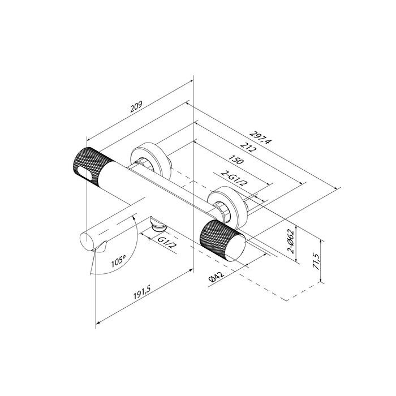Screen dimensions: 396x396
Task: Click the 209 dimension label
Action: pyautogui.click(x=135, y=108)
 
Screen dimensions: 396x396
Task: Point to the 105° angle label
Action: pyautogui.click(x=119, y=262)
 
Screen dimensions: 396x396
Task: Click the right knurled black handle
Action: pyautogui.click(x=223, y=240)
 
